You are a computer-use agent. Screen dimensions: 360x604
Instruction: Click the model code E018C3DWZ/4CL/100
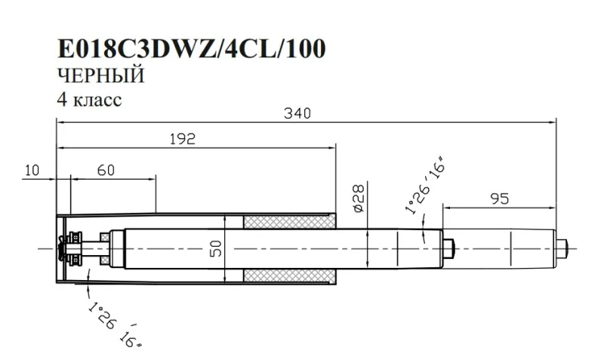(x=192, y=49)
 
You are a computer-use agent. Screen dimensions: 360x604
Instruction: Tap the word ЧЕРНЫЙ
(x=100, y=76)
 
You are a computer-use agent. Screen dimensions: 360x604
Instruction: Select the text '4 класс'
(x=88, y=100)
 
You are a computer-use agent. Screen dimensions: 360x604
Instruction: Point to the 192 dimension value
(x=182, y=138)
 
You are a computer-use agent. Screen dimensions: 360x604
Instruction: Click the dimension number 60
(x=105, y=171)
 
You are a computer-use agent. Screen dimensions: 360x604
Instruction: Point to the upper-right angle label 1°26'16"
(x=424, y=186)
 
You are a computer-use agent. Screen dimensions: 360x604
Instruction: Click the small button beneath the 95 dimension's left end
(x=449, y=248)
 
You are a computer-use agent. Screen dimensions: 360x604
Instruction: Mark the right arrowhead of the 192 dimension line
(x=332, y=146)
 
